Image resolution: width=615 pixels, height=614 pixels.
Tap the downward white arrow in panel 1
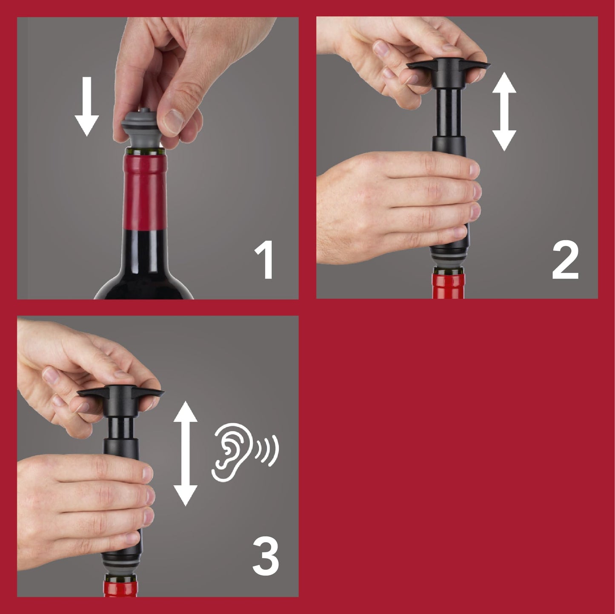click(87, 106)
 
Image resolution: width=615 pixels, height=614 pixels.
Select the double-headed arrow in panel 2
click(504, 111)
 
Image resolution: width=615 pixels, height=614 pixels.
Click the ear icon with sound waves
click(245, 453)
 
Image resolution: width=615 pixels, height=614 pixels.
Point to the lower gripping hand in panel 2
click(400, 204)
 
